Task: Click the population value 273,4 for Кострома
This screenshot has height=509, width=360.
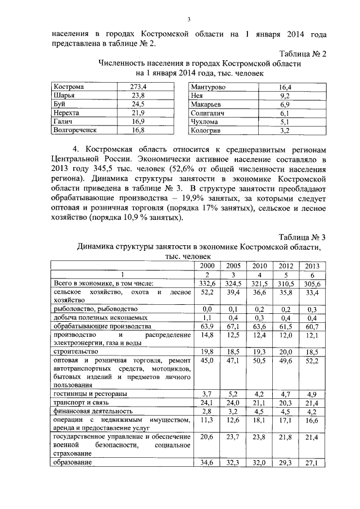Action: (x=138, y=87)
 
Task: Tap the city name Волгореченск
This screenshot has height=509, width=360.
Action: (x=75, y=130)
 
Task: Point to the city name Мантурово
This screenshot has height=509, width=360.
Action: (x=208, y=88)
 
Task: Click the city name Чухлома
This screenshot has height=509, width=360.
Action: (x=205, y=121)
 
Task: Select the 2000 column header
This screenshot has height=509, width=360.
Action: (x=207, y=265)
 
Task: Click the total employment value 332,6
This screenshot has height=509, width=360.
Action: (x=207, y=284)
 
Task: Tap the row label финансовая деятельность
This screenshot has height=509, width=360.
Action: (x=94, y=411)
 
